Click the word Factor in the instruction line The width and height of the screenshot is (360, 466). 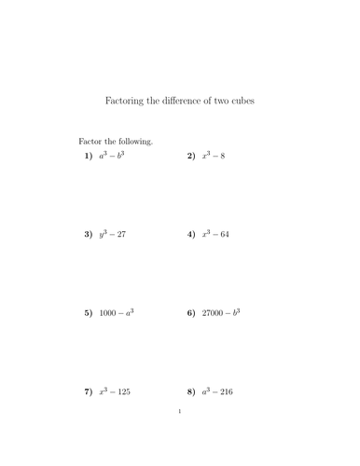[90, 142]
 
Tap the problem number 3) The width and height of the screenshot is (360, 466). [87, 235]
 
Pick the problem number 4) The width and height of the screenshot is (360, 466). [190, 235]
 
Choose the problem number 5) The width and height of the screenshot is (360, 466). [87, 314]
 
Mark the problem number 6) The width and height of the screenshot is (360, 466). [190, 314]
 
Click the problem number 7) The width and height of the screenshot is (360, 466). [87, 392]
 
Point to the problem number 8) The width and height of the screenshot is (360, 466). [190, 392]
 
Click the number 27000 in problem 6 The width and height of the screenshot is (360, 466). [214, 314]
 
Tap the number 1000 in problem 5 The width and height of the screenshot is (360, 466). [109, 314]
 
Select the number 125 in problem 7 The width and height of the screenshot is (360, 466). [123, 392]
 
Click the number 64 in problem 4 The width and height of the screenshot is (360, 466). [224, 235]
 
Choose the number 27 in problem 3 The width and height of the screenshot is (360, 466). [120, 235]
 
